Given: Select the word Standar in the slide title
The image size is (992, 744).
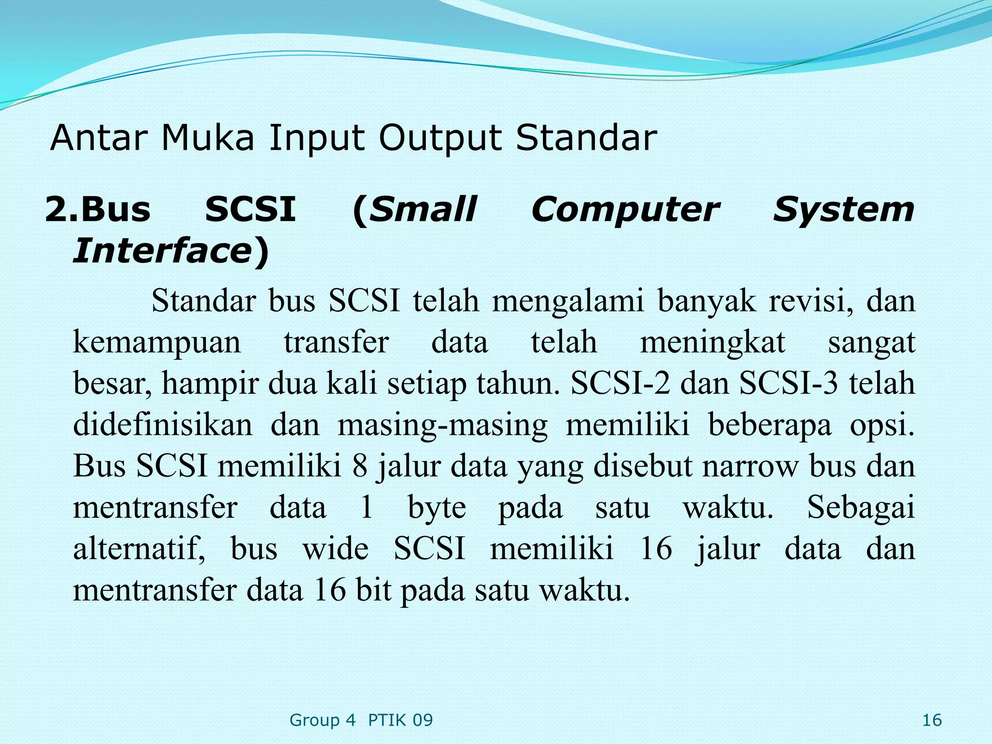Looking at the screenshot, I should [586, 138].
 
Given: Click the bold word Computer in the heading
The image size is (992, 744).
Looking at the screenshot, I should [625, 210].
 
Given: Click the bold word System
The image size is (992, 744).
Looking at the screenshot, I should [843, 210].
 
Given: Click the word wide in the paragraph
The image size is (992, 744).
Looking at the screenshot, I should [335, 549].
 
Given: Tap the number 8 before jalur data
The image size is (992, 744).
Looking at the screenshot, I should [359, 466].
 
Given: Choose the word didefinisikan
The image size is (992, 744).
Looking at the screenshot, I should [163, 424].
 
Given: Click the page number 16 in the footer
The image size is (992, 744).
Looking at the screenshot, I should [931, 720].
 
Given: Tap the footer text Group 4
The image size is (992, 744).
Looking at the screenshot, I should [322, 720].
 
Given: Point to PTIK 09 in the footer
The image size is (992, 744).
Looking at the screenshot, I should [400, 720].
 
